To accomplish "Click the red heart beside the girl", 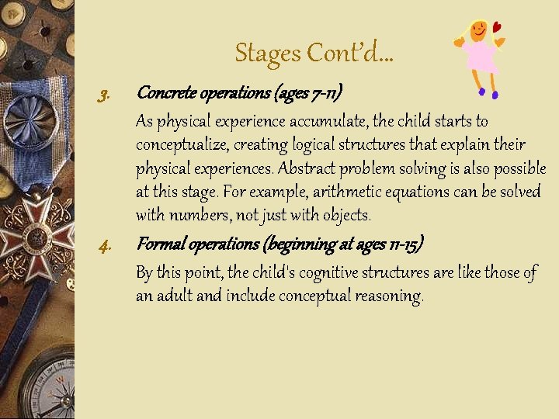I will pyautogui.click(x=497, y=28).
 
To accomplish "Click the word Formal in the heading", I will pyautogui.click(x=159, y=245).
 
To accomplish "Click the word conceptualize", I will pyautogui.click(x=186, y=145).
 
